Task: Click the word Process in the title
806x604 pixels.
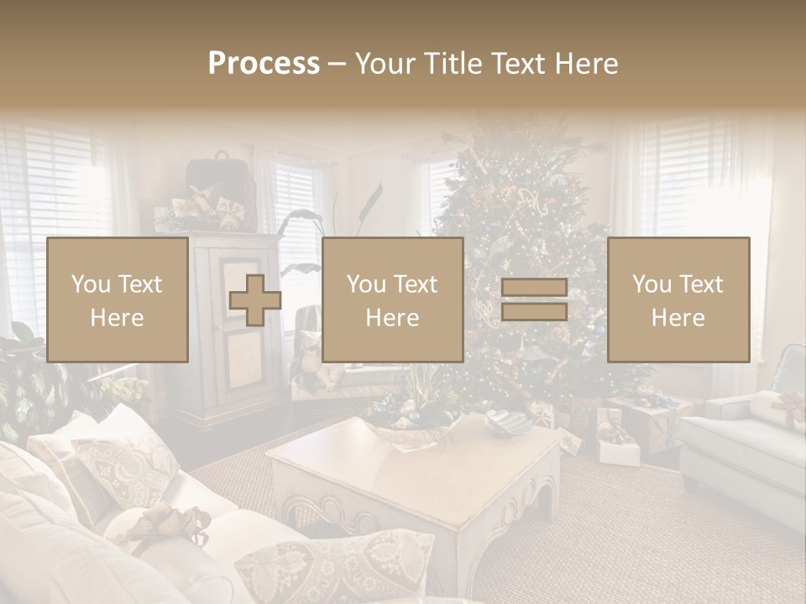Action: point(264,64)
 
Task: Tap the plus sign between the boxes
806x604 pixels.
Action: point(255,300)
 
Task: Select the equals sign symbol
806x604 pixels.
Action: point(534,300)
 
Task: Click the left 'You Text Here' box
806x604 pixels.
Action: point(118,300)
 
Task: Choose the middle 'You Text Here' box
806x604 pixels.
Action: point(393,300)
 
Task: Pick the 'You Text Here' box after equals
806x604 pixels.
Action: point(678,300)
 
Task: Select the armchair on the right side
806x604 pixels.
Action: point(747,445)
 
